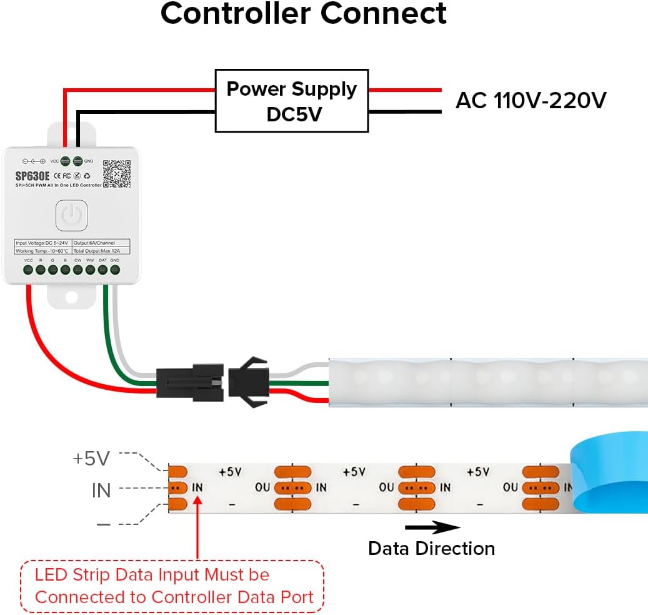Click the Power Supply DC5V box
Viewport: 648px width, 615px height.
tap(291, 101)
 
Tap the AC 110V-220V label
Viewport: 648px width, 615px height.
tap(531, 100)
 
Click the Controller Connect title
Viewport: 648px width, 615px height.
tap(304, 14)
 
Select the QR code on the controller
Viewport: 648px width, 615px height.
tap(116, 174)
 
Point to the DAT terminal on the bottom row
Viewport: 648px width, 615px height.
tap(102, 270)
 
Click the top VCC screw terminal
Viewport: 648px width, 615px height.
tap(66, 161)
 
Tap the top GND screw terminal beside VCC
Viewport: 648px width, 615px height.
tap(77, 161)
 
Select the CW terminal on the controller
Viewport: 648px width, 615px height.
tap(77, 270)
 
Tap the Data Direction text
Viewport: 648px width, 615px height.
tap(431, 549)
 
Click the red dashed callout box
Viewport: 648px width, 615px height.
tap(172, 586)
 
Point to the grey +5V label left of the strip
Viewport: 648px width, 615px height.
tap(91, 459)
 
